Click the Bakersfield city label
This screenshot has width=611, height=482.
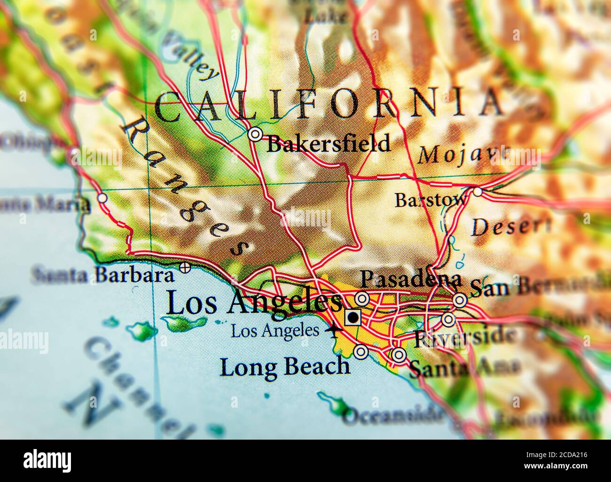click(x=328, y=143)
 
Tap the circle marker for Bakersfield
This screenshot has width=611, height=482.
click(x=255, y=135)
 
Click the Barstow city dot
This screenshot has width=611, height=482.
click(x=478, y=192)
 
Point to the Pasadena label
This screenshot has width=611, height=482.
click(x=410, y=279)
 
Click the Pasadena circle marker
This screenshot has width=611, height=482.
click(x=362, y=298)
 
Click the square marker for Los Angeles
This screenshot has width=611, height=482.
click(x=352, y=318)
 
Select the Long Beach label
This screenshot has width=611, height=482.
click(x=285, y=367)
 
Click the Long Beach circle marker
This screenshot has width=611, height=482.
click(x=360, y=352)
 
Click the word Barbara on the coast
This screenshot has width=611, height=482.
click(x=133, y=275)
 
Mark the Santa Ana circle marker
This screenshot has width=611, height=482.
click(x=399, y=355)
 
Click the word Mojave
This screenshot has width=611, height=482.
click(x=463, y=154)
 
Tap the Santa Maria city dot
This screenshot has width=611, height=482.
click(x=102, y=198)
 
